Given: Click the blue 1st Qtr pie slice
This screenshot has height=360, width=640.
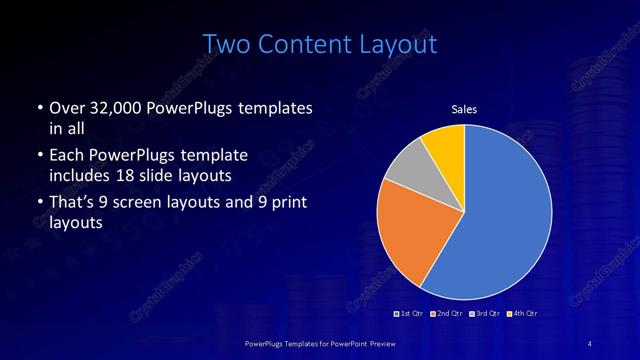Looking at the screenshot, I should point(505,210).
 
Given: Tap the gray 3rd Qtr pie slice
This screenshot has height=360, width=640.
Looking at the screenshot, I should point(405,166).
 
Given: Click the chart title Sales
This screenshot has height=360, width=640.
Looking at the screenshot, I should point(464,109).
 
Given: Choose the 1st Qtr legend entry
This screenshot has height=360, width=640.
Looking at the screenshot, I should point(409,314).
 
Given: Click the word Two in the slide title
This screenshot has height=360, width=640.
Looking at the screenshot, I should point(227,44).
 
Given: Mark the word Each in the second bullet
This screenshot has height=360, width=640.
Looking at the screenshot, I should point(66,156).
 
